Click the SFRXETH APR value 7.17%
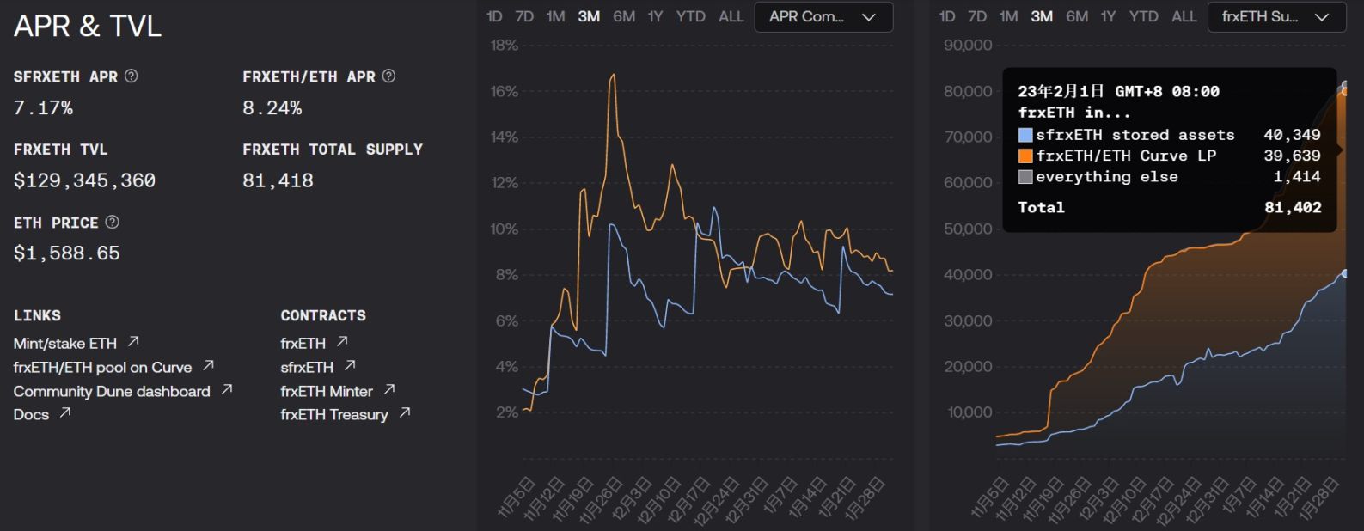click(43, 108)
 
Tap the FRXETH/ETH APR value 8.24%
click(272, 108)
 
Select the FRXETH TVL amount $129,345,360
click(84, 180)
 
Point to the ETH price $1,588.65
click(66, 253)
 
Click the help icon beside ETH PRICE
click(113, 223)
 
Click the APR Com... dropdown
click(823, 17)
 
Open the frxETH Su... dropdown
click(1275, 17)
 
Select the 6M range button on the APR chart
click(624, 17)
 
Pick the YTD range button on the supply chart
click(1143, 17)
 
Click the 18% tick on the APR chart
click(505, 46)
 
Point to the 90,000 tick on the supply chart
click(968, 46)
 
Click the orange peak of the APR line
click(613, 76)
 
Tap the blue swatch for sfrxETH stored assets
click(1025, 135)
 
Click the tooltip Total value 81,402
click(1293, 208)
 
